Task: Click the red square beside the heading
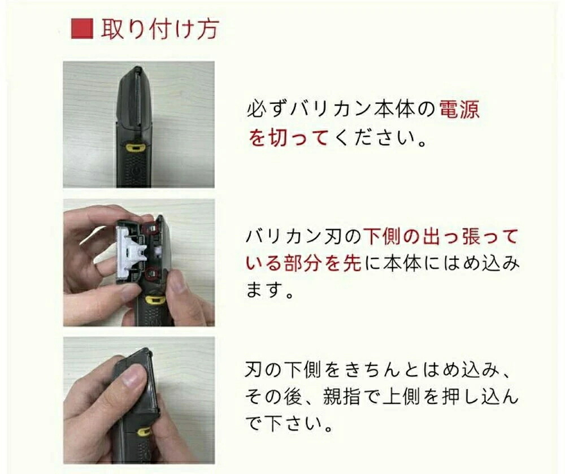point(82,29)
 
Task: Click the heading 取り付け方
point(160,29)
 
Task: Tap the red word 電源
point(460,109)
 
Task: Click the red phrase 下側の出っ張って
point(440,237)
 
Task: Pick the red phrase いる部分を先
point(303,263)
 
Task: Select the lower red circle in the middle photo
point(151,273)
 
